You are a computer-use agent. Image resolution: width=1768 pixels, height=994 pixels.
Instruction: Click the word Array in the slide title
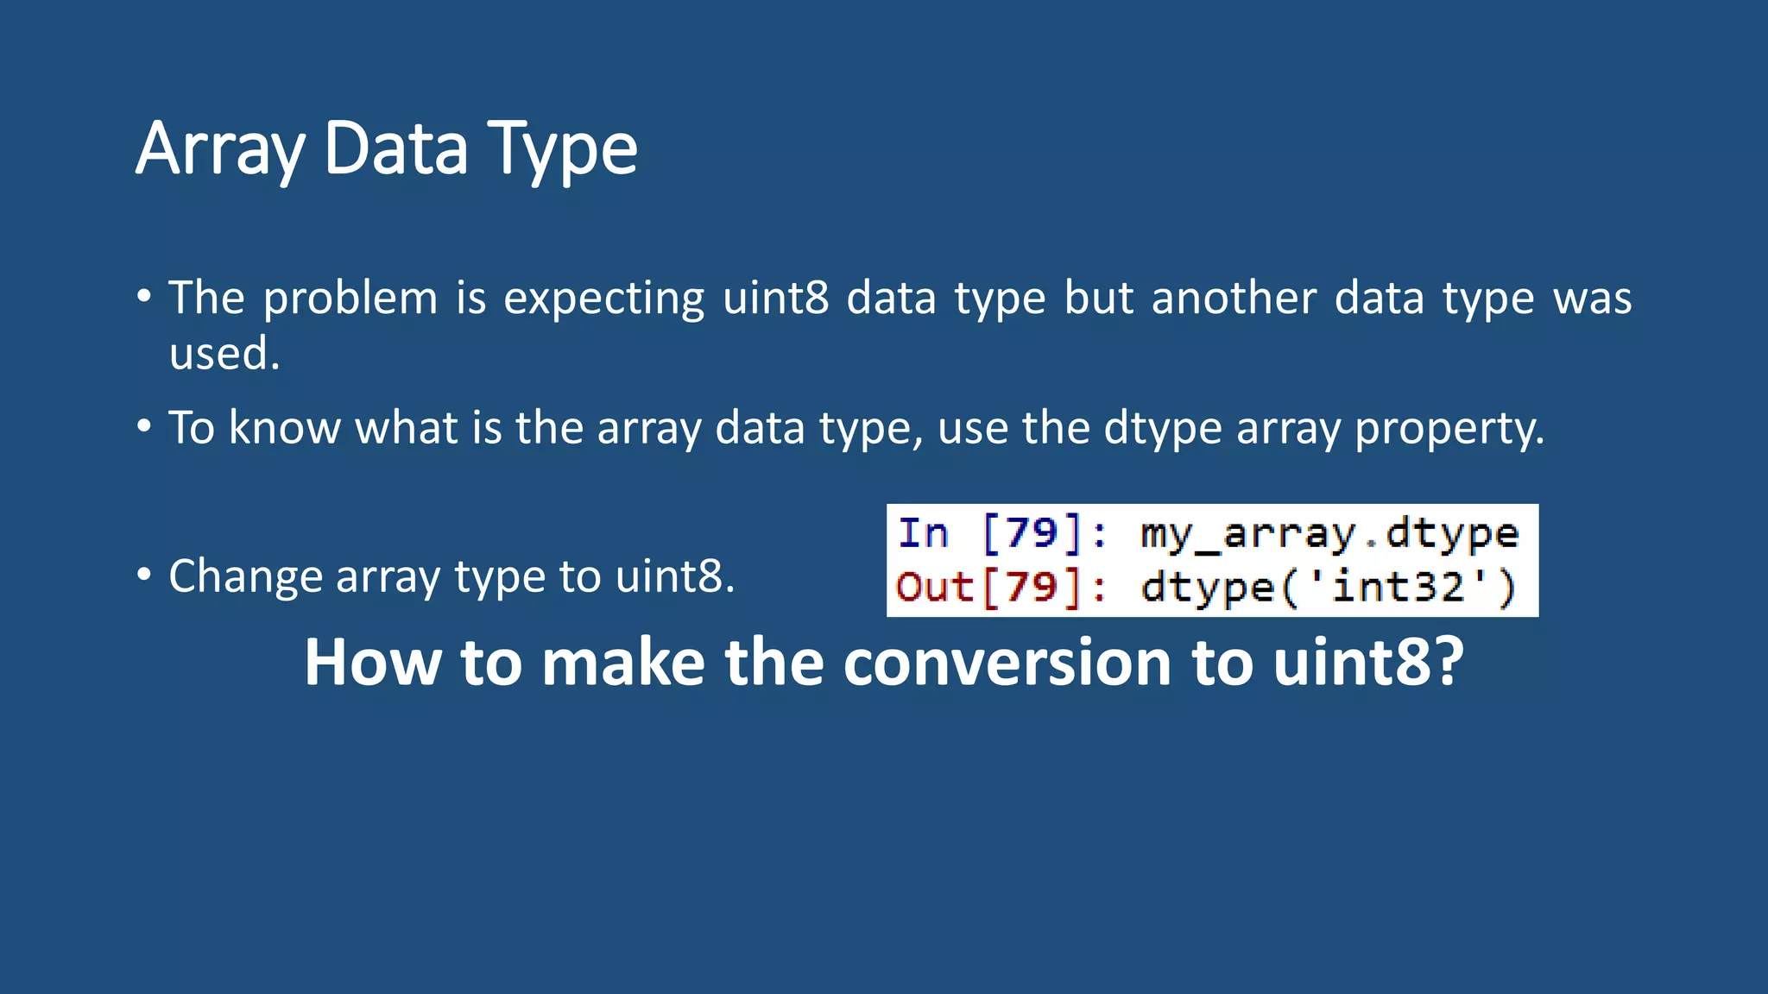point(220,148)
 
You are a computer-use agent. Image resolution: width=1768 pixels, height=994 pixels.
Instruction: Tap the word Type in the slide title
point(562,148)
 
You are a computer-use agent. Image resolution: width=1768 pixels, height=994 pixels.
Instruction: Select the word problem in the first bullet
point(350,299)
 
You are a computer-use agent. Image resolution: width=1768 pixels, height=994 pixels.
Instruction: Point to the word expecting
point(603,299)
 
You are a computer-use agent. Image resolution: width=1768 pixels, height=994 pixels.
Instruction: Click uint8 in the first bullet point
point(775,299)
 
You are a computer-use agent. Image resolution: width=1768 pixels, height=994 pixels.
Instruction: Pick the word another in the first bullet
point(1234,299)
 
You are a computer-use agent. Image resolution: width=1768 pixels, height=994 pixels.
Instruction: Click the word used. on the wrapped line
point(224,354)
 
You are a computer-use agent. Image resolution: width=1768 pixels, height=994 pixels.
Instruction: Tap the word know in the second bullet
point(284,428)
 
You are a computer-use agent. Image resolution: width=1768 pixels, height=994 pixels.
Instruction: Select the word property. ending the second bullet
point(1449,428)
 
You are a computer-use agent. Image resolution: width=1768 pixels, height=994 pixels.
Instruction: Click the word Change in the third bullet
point(244,576)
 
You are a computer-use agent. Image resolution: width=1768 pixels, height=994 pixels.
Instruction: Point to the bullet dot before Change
point(144,574)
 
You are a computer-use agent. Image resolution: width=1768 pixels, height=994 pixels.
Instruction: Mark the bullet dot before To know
point(144,425)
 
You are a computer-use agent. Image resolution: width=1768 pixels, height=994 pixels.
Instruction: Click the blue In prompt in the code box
point(923,532)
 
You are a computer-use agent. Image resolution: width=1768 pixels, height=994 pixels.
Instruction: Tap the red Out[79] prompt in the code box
point(988,588)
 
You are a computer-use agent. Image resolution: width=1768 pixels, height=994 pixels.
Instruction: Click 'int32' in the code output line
point(1398,588)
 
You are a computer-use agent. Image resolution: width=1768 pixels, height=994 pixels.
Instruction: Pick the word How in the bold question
point(372,663)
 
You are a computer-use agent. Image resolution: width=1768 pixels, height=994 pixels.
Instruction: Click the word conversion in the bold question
point(1007,663)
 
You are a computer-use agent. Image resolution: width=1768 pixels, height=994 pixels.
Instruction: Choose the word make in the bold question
point(623,663)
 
